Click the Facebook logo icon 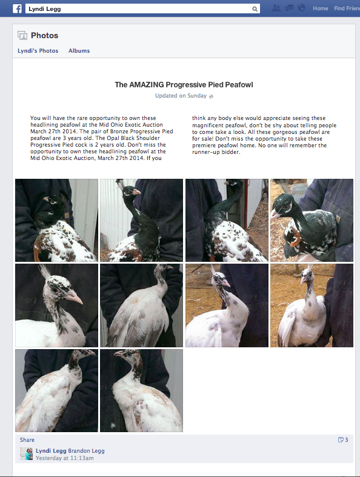tap(17, 9)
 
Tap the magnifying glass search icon tap(255, 9)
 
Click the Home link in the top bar tap(320, 8)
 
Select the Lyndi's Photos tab tap(38, 51)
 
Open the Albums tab tap(79, 51)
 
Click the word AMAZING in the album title tap(147, 85)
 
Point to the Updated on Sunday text tap(181, 96)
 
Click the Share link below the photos tap(27, 440)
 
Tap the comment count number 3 tap(346, 440)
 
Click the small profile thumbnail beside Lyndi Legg tap(27, 454)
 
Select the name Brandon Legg tap(86, 451)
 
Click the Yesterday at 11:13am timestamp tap(64, 458)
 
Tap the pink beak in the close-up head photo tap(74, 297)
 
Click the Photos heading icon tap(22, 36)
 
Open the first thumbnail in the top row tap(56, 220)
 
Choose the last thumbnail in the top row tap(312, 220)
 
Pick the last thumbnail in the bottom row tap(141, 390)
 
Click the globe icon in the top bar tap(301, 8)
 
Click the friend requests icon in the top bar tap(276, 8)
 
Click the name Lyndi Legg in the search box tap(44, 9)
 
